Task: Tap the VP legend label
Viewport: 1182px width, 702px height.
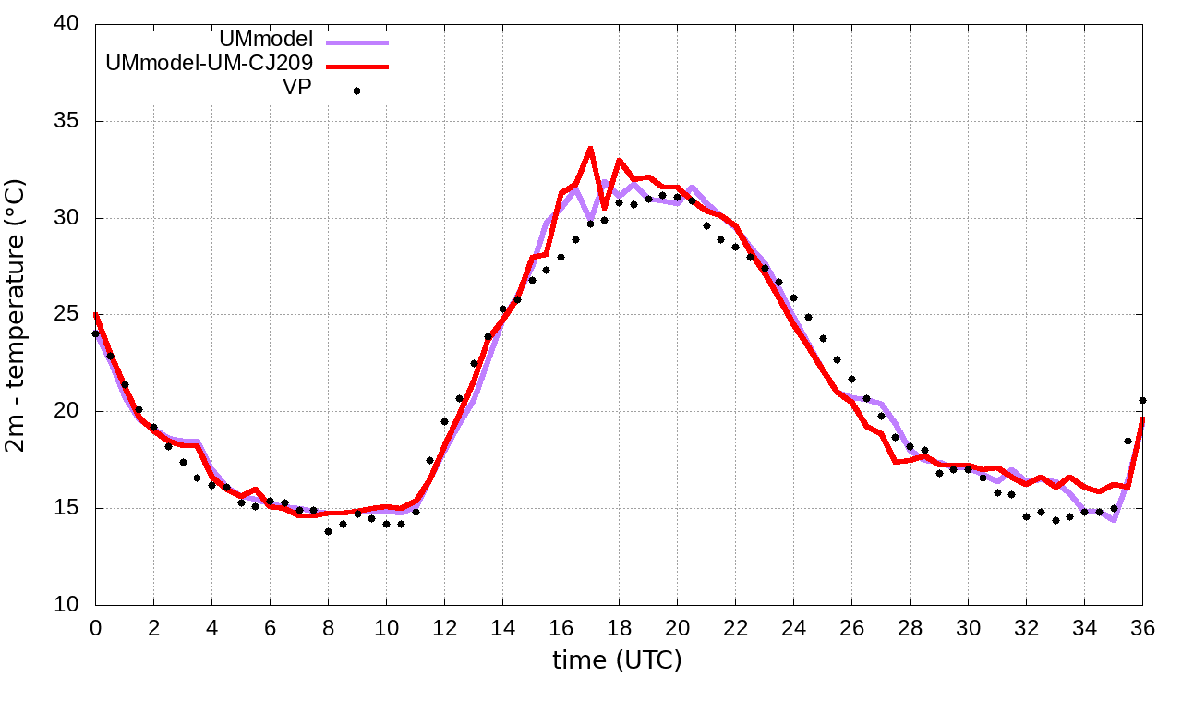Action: click(296, 88)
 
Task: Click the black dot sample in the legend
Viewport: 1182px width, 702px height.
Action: click(356, 91)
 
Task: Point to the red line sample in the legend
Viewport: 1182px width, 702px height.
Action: click(356, 67)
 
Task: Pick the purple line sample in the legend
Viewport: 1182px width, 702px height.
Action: click(356, 42)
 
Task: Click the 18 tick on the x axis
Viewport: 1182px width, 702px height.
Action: click(619, 627)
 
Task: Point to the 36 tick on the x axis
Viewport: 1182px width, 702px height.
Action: click(1142, 627)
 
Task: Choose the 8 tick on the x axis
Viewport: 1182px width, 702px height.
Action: click(328, 627)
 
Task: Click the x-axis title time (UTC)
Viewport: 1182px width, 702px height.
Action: click(617, 661)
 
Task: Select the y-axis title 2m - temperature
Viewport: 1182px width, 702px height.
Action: click(18, 316)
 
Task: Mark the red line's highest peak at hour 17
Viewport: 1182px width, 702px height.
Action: click(590, 148)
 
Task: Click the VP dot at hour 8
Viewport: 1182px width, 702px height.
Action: click(328, 531)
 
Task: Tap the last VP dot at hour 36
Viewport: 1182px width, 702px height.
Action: click(1142, 400)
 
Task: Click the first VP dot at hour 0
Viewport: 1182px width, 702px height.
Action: click(95, 333)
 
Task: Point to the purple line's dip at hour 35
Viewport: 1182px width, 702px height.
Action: click(1114, 520)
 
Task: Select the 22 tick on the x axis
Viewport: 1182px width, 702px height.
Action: click(735, 627)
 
